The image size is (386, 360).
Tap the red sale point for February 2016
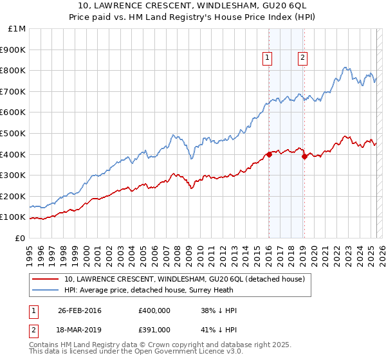269,154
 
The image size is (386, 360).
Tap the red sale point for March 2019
304,156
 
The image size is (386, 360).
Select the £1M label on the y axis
17,28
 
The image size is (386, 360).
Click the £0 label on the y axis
21,238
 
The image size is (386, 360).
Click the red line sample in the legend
45,279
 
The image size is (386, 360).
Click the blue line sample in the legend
45,290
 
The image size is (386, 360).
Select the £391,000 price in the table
154,330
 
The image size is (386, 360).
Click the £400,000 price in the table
154,310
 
